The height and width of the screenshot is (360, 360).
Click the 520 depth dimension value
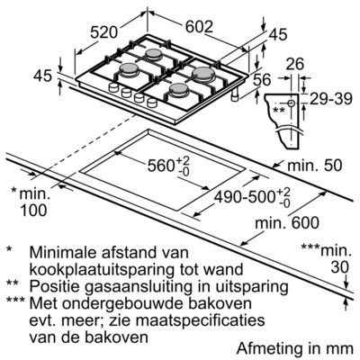[103, 32]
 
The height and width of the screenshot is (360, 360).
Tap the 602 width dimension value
[199, 27]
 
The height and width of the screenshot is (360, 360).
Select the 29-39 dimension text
[331, 99]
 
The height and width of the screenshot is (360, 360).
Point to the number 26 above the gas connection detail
[294, 64]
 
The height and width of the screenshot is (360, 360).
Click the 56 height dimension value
[262, 80]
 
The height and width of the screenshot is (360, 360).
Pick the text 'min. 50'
[315, 166]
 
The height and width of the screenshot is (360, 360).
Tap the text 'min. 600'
[287, 222]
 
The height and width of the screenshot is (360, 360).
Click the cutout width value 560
[161, 166]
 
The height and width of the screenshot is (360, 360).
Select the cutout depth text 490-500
[245, 197]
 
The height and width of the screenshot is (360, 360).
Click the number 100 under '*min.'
[33, 210]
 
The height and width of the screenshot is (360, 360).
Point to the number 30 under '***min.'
[340, 267]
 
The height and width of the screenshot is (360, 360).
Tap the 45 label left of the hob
[42, 76]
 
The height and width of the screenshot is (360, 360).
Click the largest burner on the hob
[202, 73]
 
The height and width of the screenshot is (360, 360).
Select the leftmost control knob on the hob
[113, 87]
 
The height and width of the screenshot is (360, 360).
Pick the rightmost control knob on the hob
[152, 103]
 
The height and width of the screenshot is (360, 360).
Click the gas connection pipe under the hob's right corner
[234, 95]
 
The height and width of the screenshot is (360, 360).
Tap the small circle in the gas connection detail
[291, 103]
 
